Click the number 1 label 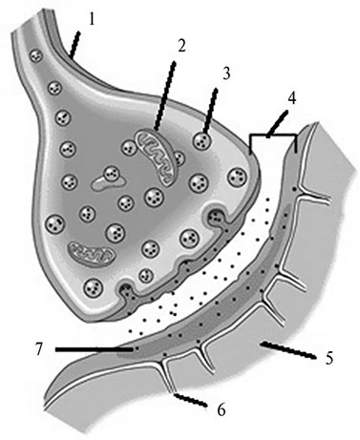click(92, 19)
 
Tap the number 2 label click(181, 46)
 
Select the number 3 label click(226, 73)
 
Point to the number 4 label click(292, 98)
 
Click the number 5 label click(329, 357)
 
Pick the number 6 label click(222, 409)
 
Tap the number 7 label click(38, 350)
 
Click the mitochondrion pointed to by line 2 click(156, 157)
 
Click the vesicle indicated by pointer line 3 click(202, 140)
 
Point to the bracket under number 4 click(273, 136)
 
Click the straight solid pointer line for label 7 click(95, 349)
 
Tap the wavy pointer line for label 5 click(288, 350)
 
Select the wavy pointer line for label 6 click(190, 400)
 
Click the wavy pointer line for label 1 click(75, 45)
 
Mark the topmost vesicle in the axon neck click(36, 56)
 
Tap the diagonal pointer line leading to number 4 click(278, 124)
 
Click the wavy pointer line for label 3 click(211, 111)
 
